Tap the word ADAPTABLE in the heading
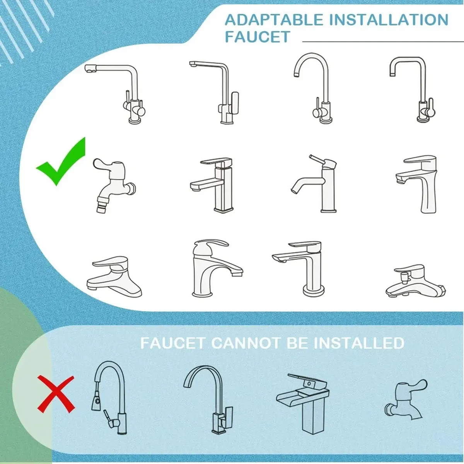point(274,19)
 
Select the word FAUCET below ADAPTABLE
point(258,37)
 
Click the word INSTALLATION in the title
point(388,19)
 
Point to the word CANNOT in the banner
point(246,343)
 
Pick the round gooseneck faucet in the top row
point(313,89)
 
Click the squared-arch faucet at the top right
point(412,90)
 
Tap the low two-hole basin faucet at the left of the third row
point(114,277)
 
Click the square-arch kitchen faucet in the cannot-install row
point(208,401)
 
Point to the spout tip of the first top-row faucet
point(90,68)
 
